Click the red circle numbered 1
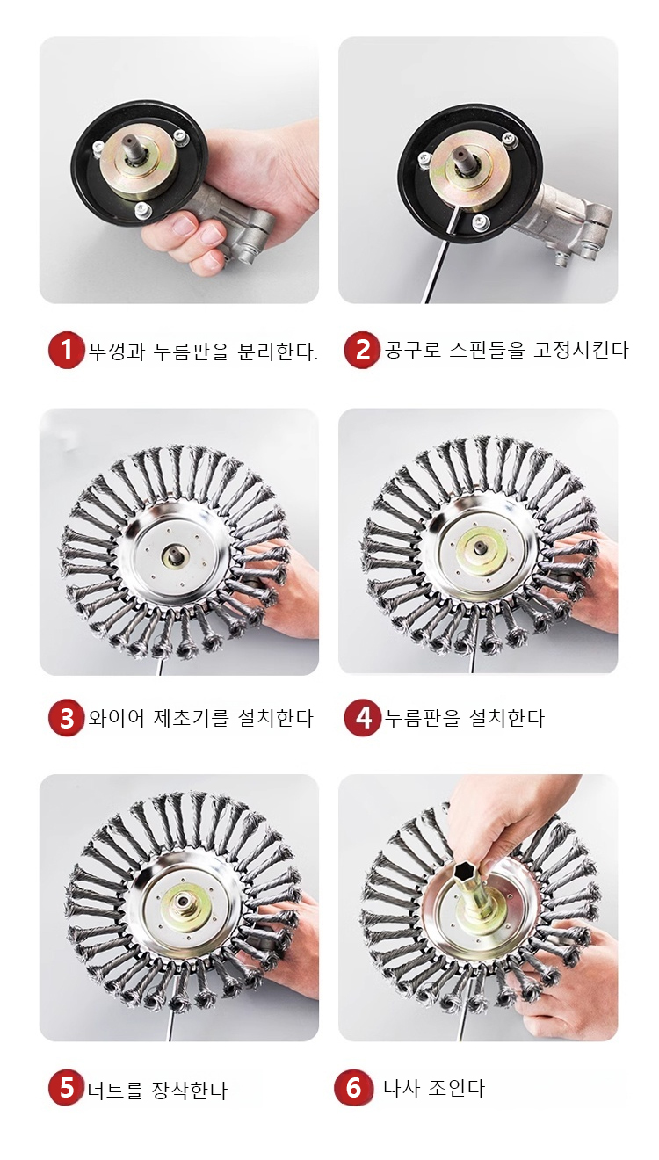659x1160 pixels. (x=66, y=350)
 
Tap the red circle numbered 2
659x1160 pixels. (x=362, y=350)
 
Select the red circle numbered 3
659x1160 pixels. (x=66, y=718)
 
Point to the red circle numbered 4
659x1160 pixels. (x=362, y=718)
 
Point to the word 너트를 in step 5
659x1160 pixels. (x=115, y=1087)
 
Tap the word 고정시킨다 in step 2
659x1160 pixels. (x=581, y=350)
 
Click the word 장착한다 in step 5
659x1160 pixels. (x=190, y=1087)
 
